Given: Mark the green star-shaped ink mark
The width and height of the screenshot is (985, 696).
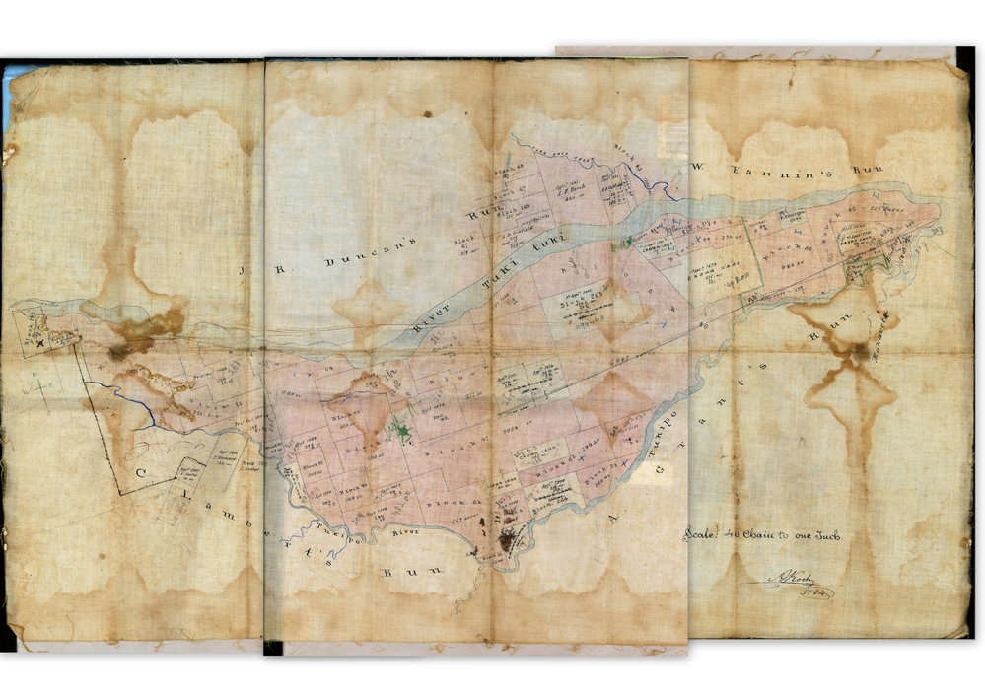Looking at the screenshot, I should pos(401,429).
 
